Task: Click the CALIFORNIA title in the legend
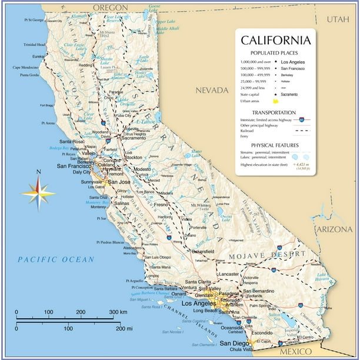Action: click(x=275, y=41)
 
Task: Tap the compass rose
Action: click(x=38, y=192)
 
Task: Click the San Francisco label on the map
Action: click(x=72, y=166)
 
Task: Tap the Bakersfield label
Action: click(x=202, y=251)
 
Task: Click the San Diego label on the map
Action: click(x=234, y=344)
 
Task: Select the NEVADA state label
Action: click(x=212, y=90)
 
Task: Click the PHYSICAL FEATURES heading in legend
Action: click(x=275, y=145)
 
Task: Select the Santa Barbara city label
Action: click(x=162, y=288)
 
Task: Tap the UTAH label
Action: click(x=338, y=19)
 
